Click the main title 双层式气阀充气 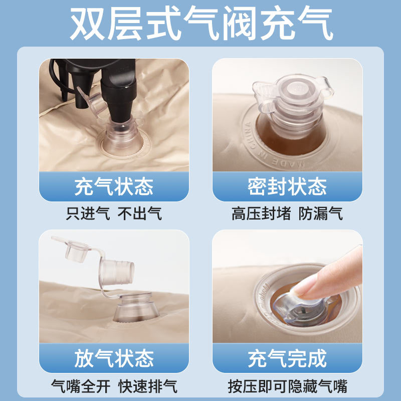pos(202,23)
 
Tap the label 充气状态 pos(114,186)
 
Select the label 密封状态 pos(287,186)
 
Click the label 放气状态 pos(114,358)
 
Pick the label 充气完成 pos(287,358)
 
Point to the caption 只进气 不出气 pos(114,214)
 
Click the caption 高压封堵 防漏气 pos(287,214)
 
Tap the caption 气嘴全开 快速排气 pos(114,386)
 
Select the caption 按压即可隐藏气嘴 pos(287,386)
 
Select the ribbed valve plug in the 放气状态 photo pos(117,272)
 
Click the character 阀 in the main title pos(240,23)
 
